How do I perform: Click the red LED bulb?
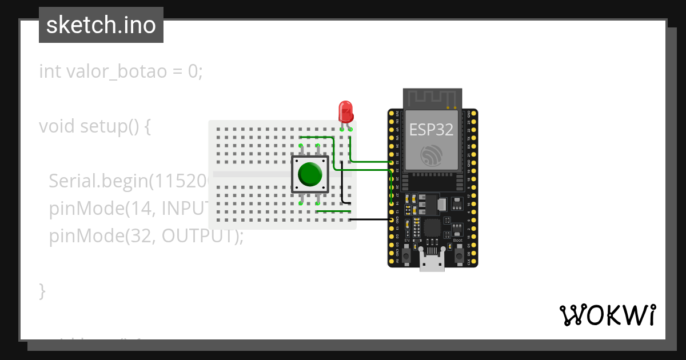pos(345,110)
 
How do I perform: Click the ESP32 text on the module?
pos(431,130)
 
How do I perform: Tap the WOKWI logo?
pos(607,315)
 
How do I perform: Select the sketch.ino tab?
pos(101,25)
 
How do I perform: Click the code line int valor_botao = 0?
pos(121,71)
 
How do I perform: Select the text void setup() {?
pos(95,126)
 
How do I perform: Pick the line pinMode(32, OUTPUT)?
pos(146,235)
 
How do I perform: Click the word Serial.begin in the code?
pos(97,181)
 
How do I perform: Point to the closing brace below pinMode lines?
pos(42,290)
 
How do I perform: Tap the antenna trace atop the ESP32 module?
pos(432,98)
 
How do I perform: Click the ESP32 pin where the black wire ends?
pos(392,219)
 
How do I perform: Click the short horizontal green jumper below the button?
pos(333,211)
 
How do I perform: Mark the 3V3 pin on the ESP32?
pos(392,114)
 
